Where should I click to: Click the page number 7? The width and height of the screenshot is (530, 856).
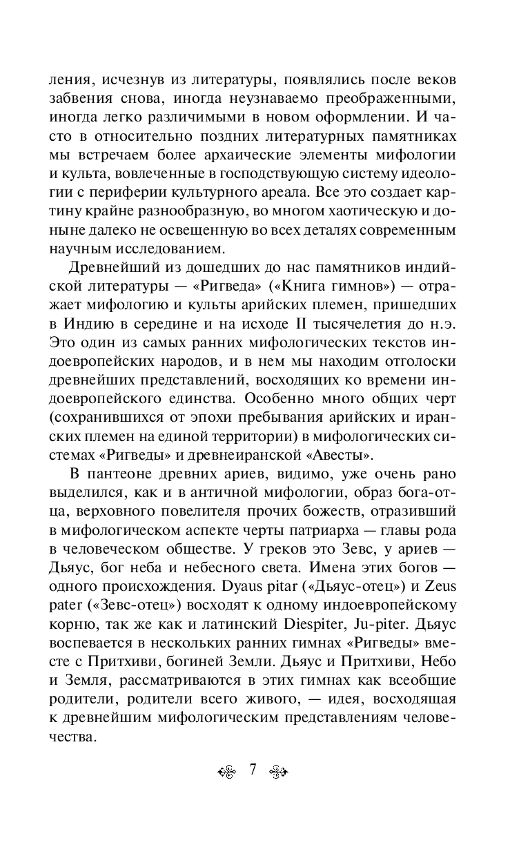click(253, 769)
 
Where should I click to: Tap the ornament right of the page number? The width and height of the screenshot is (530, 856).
click(277, 770)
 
